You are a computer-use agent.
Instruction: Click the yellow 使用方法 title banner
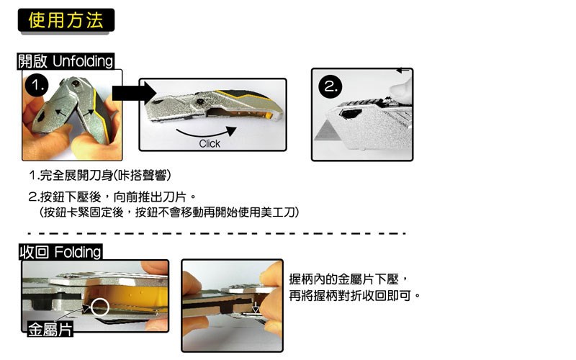coord(66,20)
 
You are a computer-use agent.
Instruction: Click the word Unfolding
coord(83,61)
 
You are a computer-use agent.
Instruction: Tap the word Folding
coord(78,253)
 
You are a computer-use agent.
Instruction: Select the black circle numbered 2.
coord(330,86)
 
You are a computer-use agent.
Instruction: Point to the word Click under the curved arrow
coord(210,143)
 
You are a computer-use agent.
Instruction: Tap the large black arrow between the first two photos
coord(134,93)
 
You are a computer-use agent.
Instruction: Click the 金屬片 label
coord(50,329)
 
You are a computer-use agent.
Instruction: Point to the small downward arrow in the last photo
coord(256,307)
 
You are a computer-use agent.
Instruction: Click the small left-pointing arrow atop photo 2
coord(403,70)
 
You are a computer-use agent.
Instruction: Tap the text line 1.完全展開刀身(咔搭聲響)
coord(100,175)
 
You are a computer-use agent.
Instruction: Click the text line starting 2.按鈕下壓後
coord(113,197)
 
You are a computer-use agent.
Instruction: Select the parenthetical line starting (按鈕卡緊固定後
coord(169,212)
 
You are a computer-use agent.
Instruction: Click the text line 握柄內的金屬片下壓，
coord(348,279)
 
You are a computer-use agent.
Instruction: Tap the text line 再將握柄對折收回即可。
coord(354,295)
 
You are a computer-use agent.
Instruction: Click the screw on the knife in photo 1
coord(76,84)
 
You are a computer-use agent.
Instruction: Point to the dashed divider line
coord(217,233)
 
